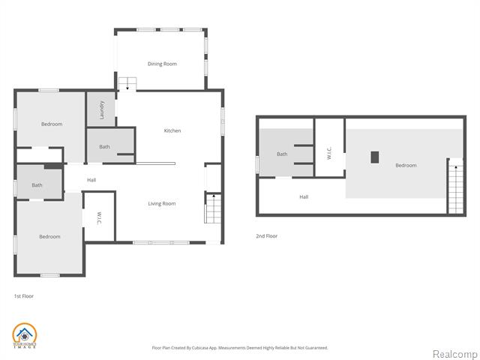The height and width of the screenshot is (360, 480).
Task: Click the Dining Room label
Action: pyautogui.click(x=162, y=64)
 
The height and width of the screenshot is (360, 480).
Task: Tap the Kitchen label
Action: pyautogui.click(x=172, y=131)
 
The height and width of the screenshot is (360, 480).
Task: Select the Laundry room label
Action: pyautogui.click(x=102, y=111)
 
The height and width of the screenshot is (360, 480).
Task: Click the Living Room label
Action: pyautogui.click(x=161, y=203)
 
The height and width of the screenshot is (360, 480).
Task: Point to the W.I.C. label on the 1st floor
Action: pyautogui.click(x=99, y=217)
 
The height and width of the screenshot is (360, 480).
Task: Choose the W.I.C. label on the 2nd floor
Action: pyautogui.click(x=330, y=153)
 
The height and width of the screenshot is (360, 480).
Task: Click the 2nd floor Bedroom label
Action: pyautogui.click(x=406, y=165)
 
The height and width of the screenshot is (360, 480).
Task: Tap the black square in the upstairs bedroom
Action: pyautogui.click(x=376, y=157)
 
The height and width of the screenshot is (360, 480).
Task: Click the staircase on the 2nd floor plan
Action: pyautogui.click(x=454, y=187)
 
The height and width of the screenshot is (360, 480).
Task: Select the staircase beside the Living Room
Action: pyautogui.click(x=213, y=208)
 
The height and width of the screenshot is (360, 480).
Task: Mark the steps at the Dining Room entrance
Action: pyautogui.click(x=127, y=83)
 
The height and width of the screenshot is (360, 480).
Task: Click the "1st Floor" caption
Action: pyautogui.click(x=24, y=296)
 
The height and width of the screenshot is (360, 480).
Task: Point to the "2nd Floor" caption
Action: pyautogui.click(x=266, y=236)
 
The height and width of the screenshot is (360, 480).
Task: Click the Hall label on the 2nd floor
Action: pyautogui.click(x=304, y=197)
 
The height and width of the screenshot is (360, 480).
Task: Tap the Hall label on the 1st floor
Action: pyautogui.click(x=91, y=180)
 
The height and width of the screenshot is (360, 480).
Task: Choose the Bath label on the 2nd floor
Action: pyautogui.click(x=282, y=154)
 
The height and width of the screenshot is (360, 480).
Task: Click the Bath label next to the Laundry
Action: pyautogui.click(x=104, y=147)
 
